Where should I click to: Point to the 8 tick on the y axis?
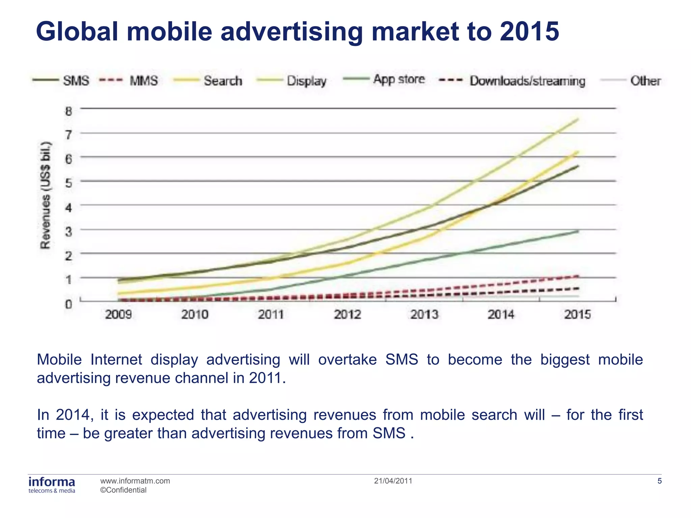tap(69, 111)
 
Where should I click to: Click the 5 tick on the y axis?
tap(69, 183)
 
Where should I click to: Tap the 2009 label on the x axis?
tap(118, 314)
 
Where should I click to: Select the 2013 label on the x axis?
tap(424, 314)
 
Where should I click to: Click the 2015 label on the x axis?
tap(577, 314)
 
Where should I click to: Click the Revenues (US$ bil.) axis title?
tap(46, 195)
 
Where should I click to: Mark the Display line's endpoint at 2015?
tap(578, 119)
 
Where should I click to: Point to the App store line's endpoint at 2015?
tap(578, 231)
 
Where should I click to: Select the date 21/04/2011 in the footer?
tap(393, 481)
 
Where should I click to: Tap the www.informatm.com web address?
tap(135, 481)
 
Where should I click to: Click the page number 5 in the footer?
tap(660, 481)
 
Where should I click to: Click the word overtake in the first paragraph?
tap(347, 359)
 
